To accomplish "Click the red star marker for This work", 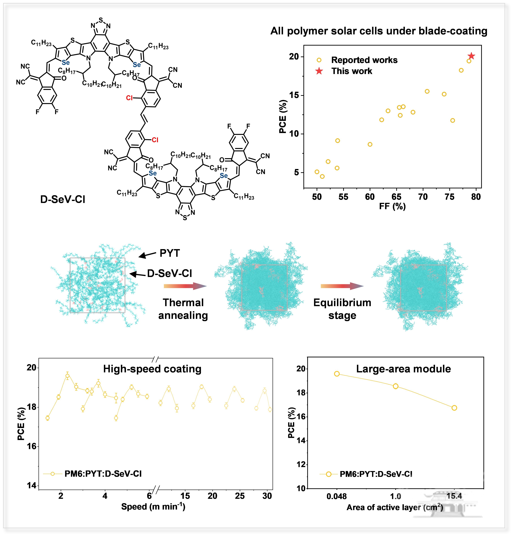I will (471, 56).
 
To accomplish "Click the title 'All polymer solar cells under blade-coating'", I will (379, 31).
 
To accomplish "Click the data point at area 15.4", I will (454, 408).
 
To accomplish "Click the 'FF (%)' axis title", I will (392, 206).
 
